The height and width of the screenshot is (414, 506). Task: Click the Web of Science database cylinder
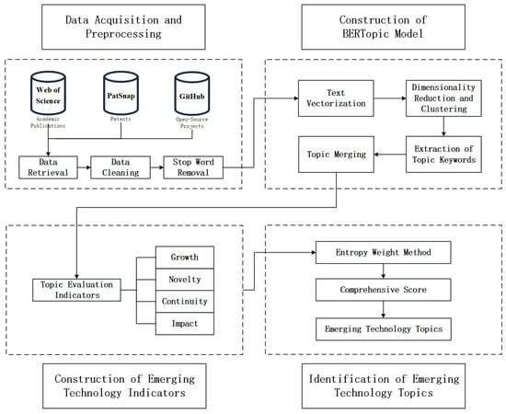click(48, 93)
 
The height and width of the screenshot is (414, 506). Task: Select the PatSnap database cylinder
click(121, 93)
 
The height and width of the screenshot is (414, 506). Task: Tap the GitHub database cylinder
click(192, 93)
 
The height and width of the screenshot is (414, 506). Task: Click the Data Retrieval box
click(48, 167)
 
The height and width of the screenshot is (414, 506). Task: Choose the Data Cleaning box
click(121, 167)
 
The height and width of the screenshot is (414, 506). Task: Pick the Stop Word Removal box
click(193, 167)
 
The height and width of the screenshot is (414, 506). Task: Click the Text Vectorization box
click(336, 98)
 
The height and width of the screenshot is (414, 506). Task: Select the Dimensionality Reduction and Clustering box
click(443, 98)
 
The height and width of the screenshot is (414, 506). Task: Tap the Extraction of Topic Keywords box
click(443, 155)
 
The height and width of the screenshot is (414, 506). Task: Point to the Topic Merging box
click(336, 155)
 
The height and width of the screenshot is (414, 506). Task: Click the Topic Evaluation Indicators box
click(76, 290)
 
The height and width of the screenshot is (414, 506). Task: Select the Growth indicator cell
click(185, 258)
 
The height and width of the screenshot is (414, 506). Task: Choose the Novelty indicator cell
click(185, 280)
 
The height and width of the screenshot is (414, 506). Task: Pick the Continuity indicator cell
click(185, 302)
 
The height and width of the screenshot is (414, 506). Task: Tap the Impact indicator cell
click(185, 323)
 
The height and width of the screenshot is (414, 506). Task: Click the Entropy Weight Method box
click(384, 252)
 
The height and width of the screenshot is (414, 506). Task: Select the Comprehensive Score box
click(384, 290)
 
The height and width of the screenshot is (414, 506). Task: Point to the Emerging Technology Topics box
click(384, 329)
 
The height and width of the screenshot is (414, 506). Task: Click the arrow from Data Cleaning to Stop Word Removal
click(156, 167)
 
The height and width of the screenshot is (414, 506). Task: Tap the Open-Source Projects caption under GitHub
click(192, 122)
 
